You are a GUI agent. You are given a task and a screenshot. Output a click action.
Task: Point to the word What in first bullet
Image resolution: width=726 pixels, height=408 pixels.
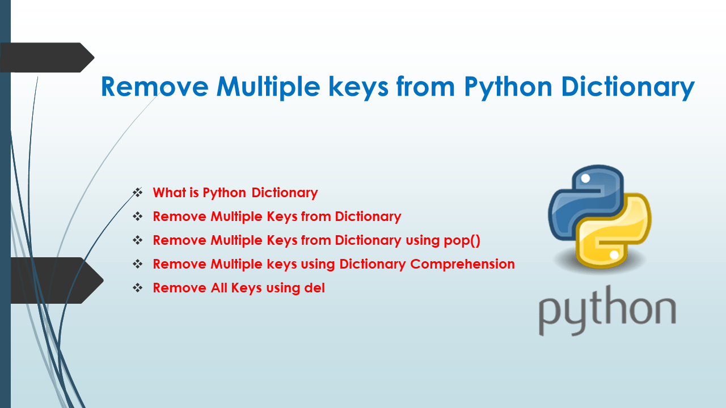point(170,193)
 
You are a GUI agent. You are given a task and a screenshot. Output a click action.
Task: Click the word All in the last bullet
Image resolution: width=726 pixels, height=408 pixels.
point(218,288)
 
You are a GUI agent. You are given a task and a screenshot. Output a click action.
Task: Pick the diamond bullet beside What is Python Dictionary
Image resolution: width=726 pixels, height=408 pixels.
point(138,193)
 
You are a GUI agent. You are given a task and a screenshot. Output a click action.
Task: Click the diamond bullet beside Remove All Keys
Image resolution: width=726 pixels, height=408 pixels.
point(138,288)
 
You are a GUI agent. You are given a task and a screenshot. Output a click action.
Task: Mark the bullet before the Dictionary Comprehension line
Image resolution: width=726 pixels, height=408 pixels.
point(138,264)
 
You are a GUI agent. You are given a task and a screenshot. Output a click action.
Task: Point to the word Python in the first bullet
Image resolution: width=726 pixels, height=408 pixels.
point(225,193)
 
